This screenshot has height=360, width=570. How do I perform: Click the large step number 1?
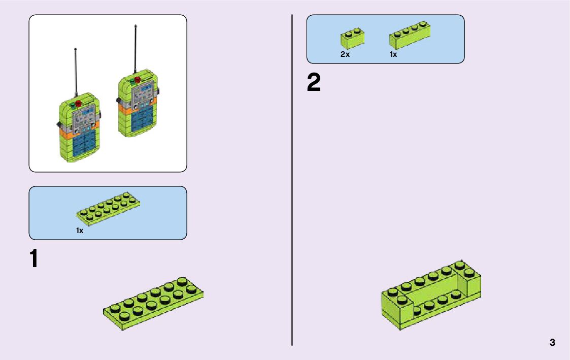34,259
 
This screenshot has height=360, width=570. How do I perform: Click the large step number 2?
314,83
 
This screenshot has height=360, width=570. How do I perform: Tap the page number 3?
552,342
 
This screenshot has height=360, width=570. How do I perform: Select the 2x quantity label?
345,54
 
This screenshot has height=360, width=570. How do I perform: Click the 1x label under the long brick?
393,54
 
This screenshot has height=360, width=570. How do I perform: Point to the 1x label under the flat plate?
80,231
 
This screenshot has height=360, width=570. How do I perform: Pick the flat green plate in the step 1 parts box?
108,209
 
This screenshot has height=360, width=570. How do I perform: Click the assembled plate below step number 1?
153,303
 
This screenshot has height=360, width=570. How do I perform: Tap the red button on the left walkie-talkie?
79,105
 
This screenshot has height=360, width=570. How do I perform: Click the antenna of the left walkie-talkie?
76,71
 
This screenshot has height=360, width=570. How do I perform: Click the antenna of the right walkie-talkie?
136,48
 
